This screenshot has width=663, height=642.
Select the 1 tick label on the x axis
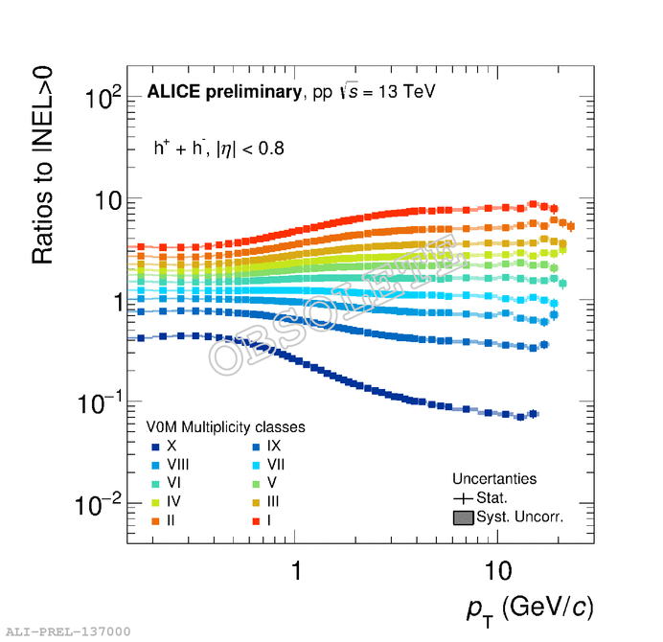click(297, 570)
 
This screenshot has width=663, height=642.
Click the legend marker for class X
click(154, 447)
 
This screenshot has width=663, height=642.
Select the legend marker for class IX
click(256, 447)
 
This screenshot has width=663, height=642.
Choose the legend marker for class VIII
click(154, 465)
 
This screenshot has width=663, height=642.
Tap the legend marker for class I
click(256, 520)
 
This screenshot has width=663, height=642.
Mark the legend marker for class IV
click(154, 502)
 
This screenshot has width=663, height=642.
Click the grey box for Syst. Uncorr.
click(463, 517)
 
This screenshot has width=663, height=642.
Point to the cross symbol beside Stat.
click(463, 498)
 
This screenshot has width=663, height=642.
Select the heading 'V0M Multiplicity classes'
click(225, 427)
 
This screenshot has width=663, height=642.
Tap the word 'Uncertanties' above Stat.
click(494, 479)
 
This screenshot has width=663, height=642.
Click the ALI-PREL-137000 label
click(68, 631)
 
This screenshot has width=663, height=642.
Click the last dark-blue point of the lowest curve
click(534, 414)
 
